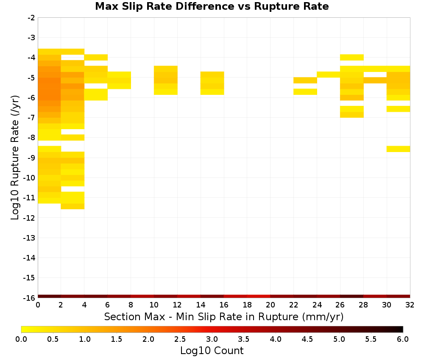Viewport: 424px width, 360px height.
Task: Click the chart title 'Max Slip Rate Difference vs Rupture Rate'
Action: coord(212,6)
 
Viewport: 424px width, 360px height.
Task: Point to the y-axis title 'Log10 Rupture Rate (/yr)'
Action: coord(15,158)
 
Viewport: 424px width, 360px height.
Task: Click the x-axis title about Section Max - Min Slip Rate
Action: coord(223,316)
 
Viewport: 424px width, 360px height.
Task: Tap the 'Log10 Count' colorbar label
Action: coord(212,351)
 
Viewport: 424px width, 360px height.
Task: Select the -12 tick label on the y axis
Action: coord(29,218)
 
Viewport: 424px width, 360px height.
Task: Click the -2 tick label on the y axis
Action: coord(31,18)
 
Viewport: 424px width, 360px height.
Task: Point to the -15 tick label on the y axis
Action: coord(29,278)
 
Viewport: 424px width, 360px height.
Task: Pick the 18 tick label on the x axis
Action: coord(247,305)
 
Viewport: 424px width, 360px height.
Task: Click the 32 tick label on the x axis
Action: coord(410,305)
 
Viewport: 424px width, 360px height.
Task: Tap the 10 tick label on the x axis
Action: coord(154,305)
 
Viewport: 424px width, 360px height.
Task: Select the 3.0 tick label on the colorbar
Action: coord(212,339)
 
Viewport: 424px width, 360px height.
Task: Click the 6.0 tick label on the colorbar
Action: coord(403,339)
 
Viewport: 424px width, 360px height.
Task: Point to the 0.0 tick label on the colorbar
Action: coord(21,339)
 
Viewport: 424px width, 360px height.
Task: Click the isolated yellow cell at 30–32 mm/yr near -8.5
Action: coord(398,149)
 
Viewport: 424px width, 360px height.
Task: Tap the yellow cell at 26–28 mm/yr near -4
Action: coord(352,58)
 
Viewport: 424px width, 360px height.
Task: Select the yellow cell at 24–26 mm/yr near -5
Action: coord(329,75)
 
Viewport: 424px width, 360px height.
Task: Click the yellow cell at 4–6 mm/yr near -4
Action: coord(96,58)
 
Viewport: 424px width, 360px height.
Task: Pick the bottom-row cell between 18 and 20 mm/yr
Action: coord(259,296)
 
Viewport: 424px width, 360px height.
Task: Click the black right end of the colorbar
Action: coord(401,329)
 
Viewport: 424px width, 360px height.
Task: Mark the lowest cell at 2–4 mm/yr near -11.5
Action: coord(73,206)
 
